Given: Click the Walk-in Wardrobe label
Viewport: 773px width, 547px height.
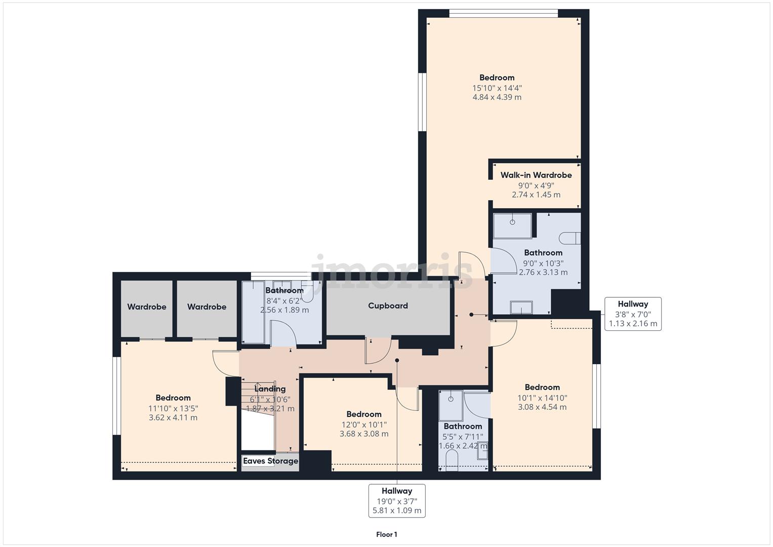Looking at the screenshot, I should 536,175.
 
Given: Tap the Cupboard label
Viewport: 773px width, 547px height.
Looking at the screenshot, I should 388,306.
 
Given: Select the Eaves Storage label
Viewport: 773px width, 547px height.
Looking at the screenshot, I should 270,461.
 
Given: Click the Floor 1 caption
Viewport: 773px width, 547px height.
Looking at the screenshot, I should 386,534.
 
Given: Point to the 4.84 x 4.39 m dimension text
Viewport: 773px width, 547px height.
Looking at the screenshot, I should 497,97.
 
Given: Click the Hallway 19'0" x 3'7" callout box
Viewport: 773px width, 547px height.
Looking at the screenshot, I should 397,500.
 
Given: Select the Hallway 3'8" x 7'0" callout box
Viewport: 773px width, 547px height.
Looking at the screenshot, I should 633,314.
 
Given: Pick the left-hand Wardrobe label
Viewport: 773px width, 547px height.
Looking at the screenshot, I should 147,307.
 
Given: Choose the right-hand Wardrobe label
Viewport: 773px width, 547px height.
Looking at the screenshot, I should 207,307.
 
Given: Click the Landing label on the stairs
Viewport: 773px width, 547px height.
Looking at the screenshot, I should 270,389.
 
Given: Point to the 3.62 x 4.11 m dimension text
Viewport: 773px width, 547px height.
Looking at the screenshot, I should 173,418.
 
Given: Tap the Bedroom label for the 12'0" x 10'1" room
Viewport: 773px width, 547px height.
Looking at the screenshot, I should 364,414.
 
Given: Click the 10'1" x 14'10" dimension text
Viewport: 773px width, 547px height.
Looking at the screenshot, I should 542,398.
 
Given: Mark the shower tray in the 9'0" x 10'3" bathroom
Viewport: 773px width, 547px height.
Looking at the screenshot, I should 512,225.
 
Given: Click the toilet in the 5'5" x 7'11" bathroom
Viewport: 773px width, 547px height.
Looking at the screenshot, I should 452,460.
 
